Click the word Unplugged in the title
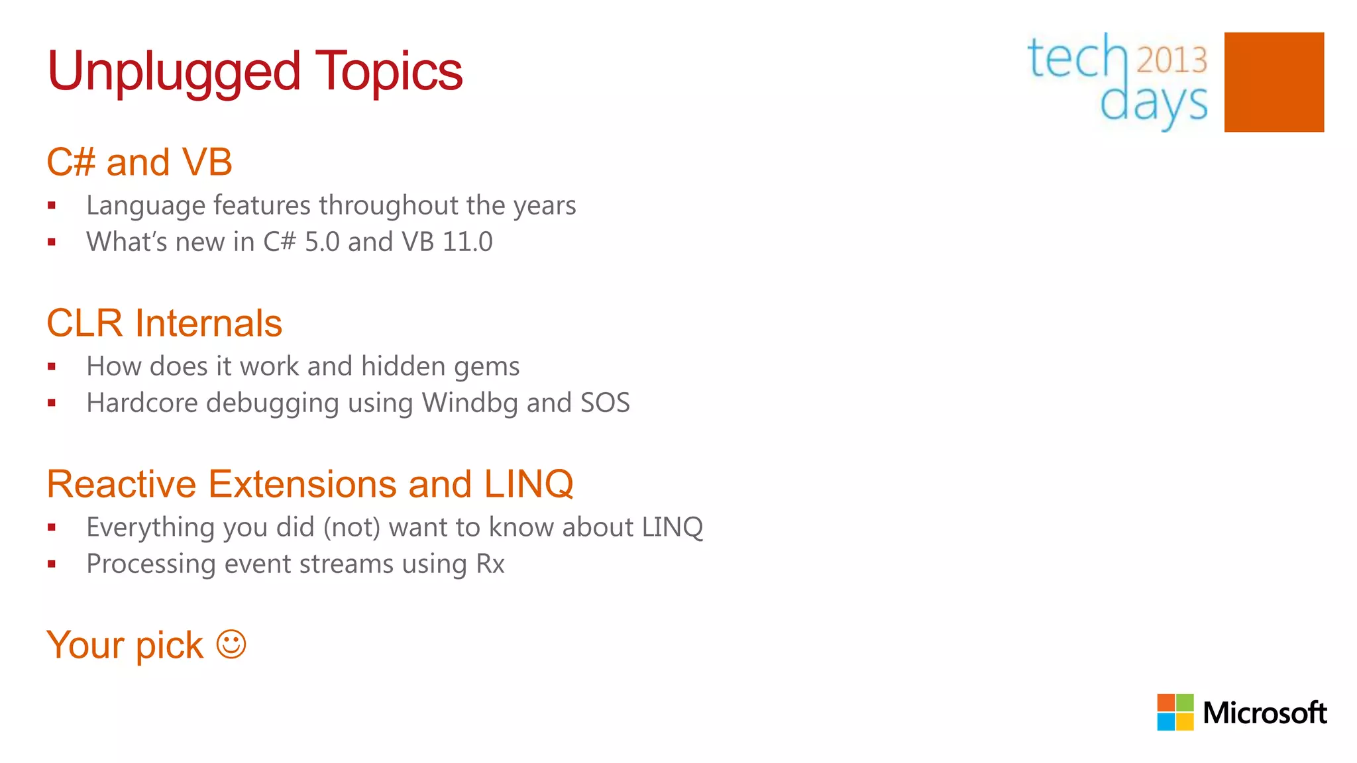(x=174, y=72)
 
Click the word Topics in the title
(x=388, y=72)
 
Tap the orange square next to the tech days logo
(x=1274, y=82)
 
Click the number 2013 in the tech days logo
(x=1171, y=60)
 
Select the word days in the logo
(x=1154, y=103)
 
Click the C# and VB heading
(x=139, y=162)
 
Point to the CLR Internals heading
(x=164, y=323)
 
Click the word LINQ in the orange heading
(x=528, y=484)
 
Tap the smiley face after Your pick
(x=231, y=644)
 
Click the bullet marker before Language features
(x=52, y=206)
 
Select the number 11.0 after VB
(x=467, y=242)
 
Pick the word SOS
(x=604, y=403)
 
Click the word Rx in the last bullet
(x=490, y=564)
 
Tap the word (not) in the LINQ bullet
(x=352, y=527)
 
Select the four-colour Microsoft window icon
(x=1175, y=712)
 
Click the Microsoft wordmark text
(x=1264, y=713)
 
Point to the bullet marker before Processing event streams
(x=52, y=564)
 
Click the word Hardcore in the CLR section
(x=142, y=403)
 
